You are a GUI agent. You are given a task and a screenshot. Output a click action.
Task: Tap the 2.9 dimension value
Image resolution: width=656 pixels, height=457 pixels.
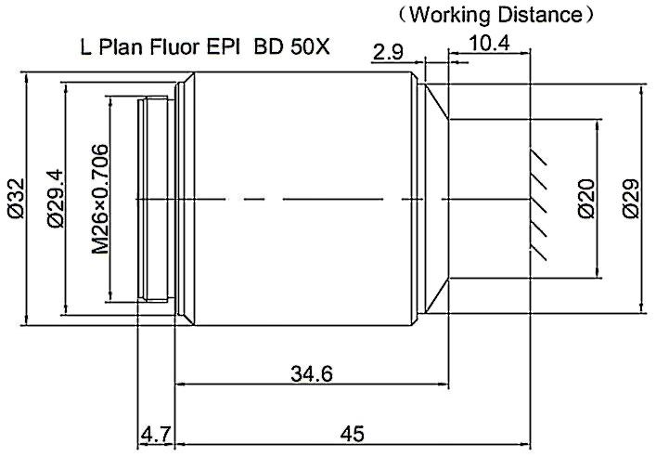pyautogui.click(x=386, y=52)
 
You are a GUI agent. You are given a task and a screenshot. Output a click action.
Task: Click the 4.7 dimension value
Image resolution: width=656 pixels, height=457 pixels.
pyautogui.click(x=155, y=434)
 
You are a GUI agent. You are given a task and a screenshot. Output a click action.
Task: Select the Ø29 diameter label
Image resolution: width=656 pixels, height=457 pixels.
pyautogui.click(x=631, y=198)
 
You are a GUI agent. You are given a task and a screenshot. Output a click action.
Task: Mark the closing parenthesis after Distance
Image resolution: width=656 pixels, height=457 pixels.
pyautogui.click(x=585, y=15)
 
